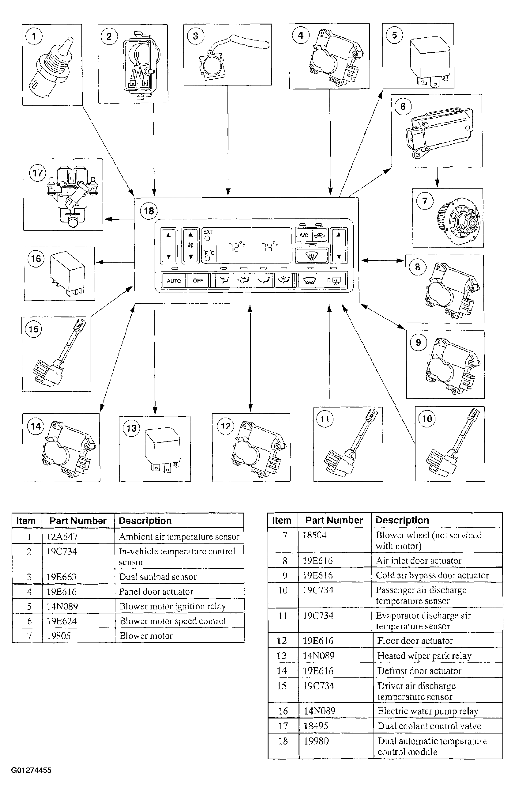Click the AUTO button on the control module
(174, 280)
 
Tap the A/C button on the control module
(303, 235)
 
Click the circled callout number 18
(149, 211)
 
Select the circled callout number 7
(424, 201)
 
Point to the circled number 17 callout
(37, 173)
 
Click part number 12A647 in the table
(62, 537)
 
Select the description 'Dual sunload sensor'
(157, 577)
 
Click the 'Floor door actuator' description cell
(415, 641)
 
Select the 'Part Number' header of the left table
(77, 521)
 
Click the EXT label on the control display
(208, 232)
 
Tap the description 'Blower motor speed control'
(172, 621)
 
